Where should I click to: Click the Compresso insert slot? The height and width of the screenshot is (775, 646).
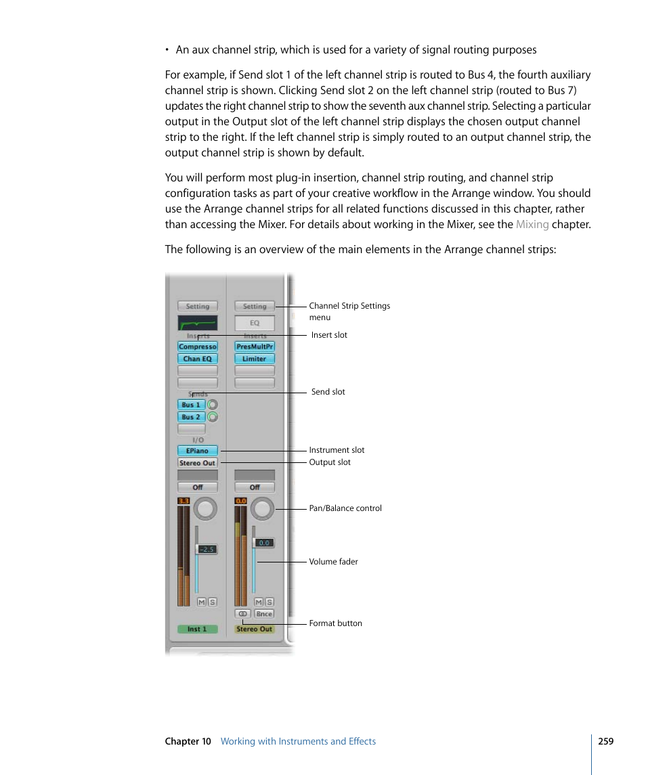[x=198, y=347]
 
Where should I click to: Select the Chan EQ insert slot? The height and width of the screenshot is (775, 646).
[x=198, y=359]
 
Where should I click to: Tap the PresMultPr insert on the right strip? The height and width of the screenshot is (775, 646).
[x=255, y=347]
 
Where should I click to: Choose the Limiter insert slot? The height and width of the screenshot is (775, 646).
[x=255, y=359]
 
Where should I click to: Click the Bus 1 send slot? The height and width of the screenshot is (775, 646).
[x=191, y=405]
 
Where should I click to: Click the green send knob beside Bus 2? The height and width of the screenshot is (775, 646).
[x=213, y=417]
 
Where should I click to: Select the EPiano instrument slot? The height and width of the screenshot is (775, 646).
[x=198, y=451]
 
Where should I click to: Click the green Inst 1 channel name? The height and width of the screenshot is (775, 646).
[x=198, y=629]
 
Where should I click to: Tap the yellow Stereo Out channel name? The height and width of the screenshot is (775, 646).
[x=255, y=629]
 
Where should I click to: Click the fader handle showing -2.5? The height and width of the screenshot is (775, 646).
[x=206, y=549]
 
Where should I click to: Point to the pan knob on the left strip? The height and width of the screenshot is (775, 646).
[x=206, y=508]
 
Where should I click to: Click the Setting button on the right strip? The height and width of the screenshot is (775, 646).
[x=255, y=307]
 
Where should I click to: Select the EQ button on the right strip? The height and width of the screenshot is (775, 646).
[x=255, y=324]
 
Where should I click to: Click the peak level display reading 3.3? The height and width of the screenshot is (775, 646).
[x=183, y=501]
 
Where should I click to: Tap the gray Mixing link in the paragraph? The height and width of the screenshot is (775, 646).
[x=532, y=224]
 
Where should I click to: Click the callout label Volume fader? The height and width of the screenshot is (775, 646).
[x=333, y=562]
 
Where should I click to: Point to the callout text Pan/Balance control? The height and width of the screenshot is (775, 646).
[x=345, y=508]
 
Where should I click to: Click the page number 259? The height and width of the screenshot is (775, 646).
[x=605, y=741]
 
